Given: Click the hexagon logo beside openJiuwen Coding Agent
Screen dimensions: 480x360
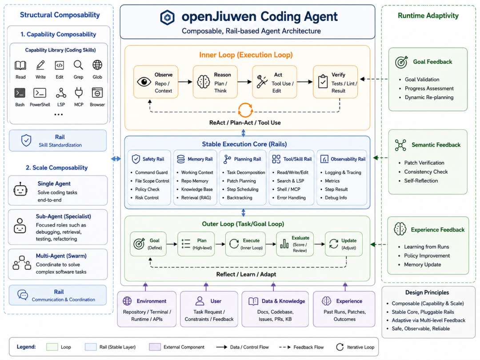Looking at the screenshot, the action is point(168,17).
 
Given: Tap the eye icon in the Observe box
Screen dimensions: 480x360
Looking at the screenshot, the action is point(144,82).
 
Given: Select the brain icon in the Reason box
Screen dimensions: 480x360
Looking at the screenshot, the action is point(203,82).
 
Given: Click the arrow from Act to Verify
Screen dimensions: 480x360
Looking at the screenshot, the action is point(304,82).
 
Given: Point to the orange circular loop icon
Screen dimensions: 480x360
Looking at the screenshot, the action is point(245,110).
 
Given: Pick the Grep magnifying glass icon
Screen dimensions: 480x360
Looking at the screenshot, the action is point(78,65).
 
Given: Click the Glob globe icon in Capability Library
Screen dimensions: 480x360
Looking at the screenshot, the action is point(97,65).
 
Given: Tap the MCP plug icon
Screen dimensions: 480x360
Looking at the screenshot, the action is point(79,92).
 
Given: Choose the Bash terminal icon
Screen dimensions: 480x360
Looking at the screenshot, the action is point(20,93).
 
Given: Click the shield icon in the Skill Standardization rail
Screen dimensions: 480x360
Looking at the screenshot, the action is point(26,140).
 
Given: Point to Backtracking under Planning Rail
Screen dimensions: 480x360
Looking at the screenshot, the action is point(240,198).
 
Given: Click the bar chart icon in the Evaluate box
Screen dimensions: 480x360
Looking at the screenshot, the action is point(284,244).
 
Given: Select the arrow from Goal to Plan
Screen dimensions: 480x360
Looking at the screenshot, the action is point(172,244).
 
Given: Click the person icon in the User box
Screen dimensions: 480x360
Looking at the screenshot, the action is point(200,301).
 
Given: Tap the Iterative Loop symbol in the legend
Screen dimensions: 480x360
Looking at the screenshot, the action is point(340,347).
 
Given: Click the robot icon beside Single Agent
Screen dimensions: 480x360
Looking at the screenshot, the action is point(20,189).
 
